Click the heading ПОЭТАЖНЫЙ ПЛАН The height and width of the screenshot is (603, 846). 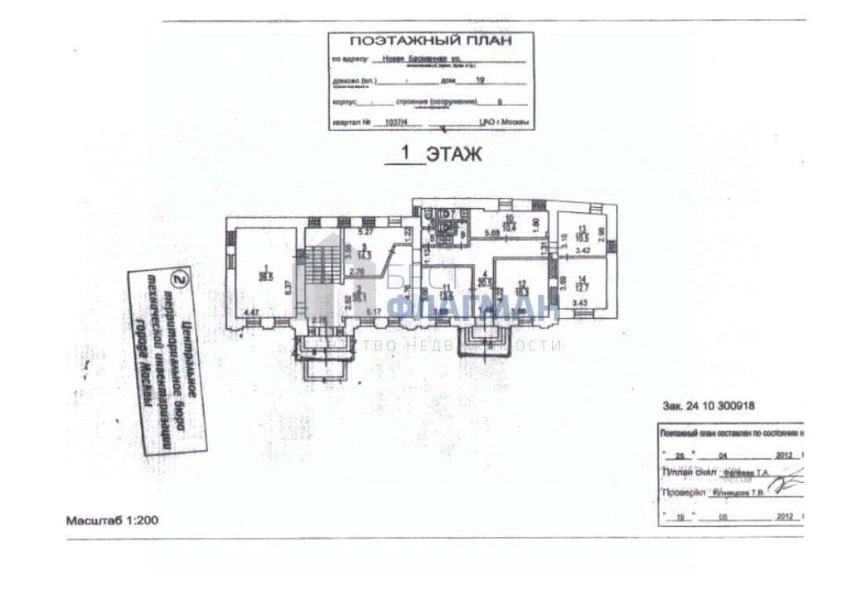(430, 41)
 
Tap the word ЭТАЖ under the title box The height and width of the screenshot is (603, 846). (454, 155)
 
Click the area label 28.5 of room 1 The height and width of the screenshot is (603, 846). (265, 276)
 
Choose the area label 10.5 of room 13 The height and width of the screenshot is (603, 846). (583, 239)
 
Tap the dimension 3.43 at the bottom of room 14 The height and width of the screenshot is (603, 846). (581, 303)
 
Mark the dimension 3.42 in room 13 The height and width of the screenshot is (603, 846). (582, 250)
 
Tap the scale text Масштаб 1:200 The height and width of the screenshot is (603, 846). (112, 520)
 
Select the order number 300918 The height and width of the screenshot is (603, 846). (738, 406)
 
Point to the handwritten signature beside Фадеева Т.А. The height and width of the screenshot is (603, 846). (789, 475)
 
